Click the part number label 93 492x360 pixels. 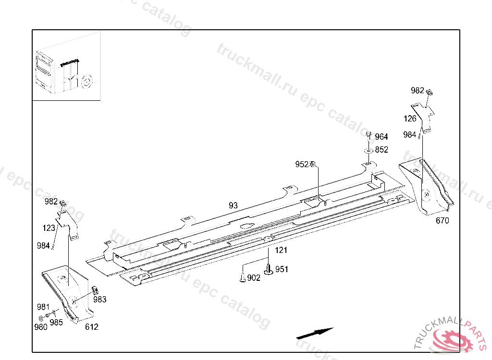[233, 205]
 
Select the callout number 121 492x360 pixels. [281, 250]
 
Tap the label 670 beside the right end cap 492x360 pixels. [442, 221]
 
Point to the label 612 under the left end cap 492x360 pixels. [91, 327]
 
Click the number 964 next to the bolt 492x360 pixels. [381, 137]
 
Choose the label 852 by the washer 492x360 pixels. [381, 150]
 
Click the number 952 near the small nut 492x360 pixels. [302, 165]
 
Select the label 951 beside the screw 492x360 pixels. [282, 269]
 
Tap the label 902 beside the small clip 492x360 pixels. [254, 278]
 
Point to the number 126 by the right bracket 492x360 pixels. [410, 119]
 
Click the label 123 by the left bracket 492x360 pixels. [49, 228]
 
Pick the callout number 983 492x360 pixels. [100, 300]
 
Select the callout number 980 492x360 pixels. [41, 327]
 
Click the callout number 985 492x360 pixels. [56, 322]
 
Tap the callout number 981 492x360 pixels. [43, 307]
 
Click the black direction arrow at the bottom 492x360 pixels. [315, 332]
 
